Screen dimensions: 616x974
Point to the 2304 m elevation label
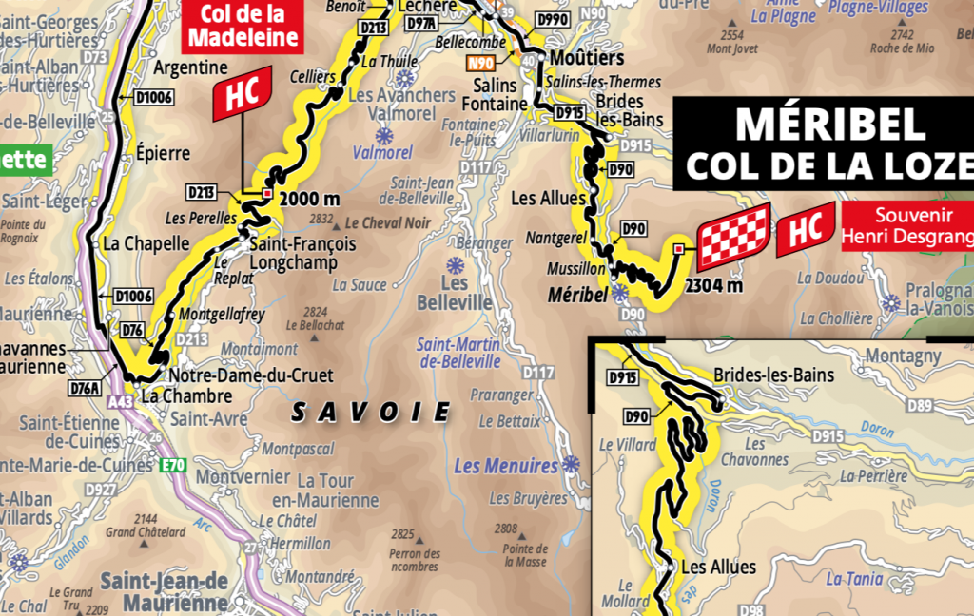click(x=712, y=283)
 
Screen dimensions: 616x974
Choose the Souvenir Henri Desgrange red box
click(x=906, y=224)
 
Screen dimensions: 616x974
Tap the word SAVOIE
click(x=370, y=412)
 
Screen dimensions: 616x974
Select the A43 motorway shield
click(x=121, y=402)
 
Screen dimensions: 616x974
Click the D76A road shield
click(x=85, y=387)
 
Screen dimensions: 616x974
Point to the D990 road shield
click(x=552, y=18)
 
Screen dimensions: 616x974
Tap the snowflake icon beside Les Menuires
click(x=571, y=464)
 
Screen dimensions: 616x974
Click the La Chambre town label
click(x=186, y=395)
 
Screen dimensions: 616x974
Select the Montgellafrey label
click(x=221, y=313)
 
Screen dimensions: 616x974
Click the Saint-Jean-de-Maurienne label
click(x=165, y=591)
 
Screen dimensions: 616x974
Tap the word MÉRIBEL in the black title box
click(x=817, y=124)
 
